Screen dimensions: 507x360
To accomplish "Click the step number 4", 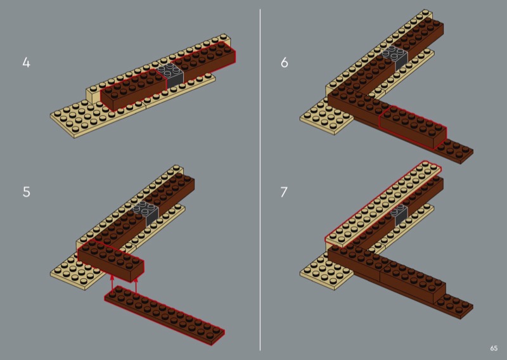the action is pyautogui.click(x=26, y=62).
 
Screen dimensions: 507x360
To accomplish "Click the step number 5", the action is pyautogui.click(x=27, y=192).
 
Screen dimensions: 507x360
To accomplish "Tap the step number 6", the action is pyautogui.click(x=284, y=62).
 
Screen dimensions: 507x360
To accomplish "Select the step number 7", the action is pyautogui.click(x=283, y=192).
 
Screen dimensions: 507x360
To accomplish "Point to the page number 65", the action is pyautogui.click(x=494, y=349).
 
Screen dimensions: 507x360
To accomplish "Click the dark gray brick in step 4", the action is pyautogui.click(x=170, y=75).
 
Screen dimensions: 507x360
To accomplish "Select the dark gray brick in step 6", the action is pyautogui.click(x=395, y=58).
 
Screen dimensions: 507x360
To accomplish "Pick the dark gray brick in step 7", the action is pyautogui.click(x=399, y=215).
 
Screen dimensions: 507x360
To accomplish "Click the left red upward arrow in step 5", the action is pyautogui.click(x=112, y=285).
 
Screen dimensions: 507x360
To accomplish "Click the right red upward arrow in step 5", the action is pyautogui.click(x=136, y=286).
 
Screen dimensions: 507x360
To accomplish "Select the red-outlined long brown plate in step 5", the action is pyautogui.click(x=164, y=316).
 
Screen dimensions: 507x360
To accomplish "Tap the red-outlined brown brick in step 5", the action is pyautogui.click(x=110, y=260).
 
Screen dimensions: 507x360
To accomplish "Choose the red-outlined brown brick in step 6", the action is pyautogui.click(x=413, y=127).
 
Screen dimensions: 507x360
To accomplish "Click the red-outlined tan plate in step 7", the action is pyautogui.click(x=383, y=204).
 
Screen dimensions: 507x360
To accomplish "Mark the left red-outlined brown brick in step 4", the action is pyautogui.click(x=133, y=89).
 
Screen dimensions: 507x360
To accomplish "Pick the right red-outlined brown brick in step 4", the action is pyautogui.click(x=203, y=61).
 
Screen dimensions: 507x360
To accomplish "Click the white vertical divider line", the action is pyautogui.click(x=260, y=180).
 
